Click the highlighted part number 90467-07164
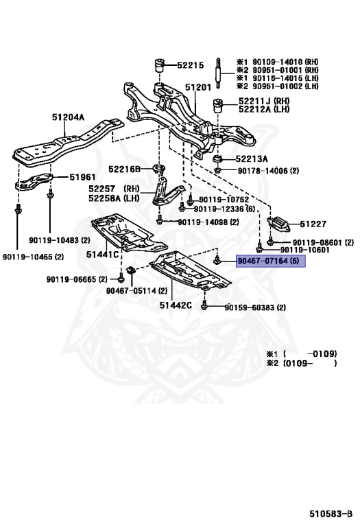[263, 261]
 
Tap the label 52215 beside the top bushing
[191, 65]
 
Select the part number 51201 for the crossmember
[198, 87]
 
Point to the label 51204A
[68, 117]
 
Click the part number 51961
[82, 177]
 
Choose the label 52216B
[124, 169]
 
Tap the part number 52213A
[252, 159]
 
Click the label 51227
[313, 224]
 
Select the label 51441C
[102, 255]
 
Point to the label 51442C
[176, 305]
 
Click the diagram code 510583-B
[331, 514]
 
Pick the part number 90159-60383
[250, 307]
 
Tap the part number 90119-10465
[28, 257]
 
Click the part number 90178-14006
[263, 171]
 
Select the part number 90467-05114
[132, 290]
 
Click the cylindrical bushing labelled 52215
[159, 65]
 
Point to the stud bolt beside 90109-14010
[218, 73]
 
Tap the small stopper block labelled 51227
[278, 223]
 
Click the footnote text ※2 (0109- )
[302, 363]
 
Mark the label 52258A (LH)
[114, 198]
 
